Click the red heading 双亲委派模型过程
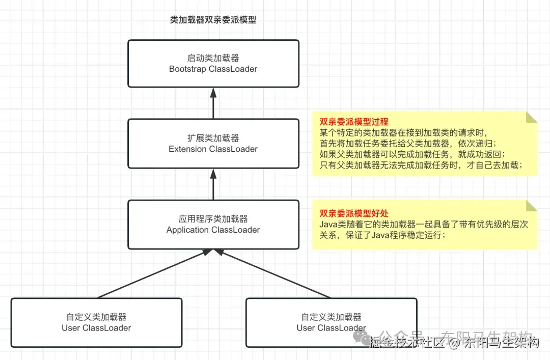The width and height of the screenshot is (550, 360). [354, 122]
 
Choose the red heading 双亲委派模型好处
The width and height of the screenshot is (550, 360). [354, 214]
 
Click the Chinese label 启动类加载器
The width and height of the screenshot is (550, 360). [213, 58]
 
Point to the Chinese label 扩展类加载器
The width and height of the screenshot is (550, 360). [213, 139]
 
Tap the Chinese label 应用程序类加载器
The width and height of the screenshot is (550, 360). [213, 219]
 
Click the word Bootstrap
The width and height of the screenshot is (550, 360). [187, 69]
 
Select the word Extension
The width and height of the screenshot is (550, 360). [187, 149]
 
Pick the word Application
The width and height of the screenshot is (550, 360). [187, 230]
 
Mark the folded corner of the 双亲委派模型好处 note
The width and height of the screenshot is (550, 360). [532, 206]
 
